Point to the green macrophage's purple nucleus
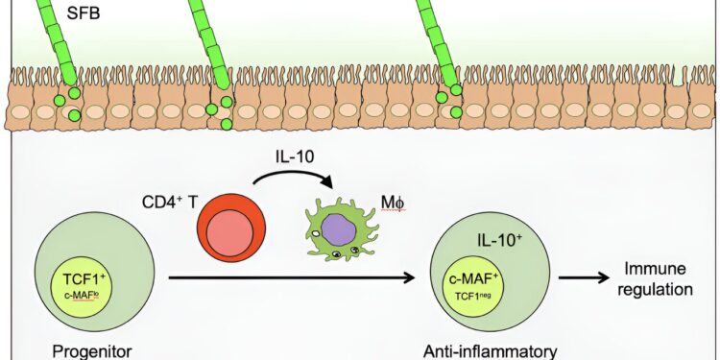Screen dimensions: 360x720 point(337,231)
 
